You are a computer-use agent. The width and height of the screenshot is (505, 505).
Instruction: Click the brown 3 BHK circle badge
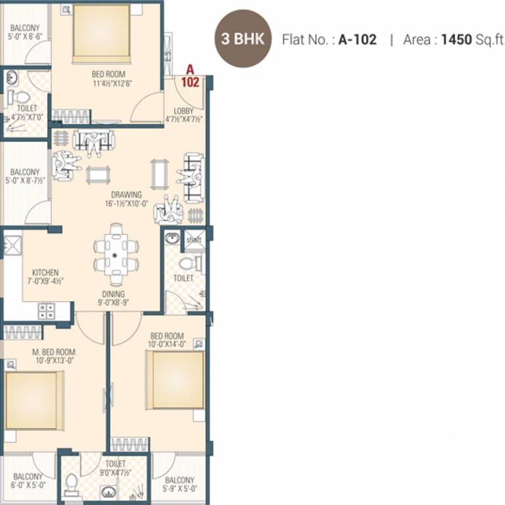pos(243,39)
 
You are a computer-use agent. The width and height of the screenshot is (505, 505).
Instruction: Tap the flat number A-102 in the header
pos(358,39)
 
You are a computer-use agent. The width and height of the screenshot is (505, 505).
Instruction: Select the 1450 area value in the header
pos(456,39)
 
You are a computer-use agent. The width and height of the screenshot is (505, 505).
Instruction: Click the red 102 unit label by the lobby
pos(190,83)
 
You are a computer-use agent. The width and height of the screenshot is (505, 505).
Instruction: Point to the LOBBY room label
pos(183,110)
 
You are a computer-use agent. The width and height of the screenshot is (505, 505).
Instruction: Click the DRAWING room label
pos(126,195)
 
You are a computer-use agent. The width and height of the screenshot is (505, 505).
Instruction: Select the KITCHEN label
pos(45,272)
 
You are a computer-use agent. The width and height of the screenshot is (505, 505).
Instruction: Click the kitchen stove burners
pos(46,311)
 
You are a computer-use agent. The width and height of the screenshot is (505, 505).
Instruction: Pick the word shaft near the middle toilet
pos(194,240)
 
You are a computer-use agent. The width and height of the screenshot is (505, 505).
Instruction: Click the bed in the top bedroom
pos(101,33)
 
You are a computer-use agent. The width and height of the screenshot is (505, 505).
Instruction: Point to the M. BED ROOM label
pos(54,352)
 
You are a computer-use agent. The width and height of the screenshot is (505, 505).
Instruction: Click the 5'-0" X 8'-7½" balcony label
pos(25,176)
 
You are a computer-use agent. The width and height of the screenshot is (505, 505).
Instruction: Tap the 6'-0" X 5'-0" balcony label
pos(28,481)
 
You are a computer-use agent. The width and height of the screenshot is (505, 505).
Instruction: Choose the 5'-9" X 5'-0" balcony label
pos(180,484)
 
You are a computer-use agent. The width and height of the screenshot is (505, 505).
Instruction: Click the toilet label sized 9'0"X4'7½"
pos(115,468)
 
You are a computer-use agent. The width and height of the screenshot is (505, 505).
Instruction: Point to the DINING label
pos(113,294)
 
